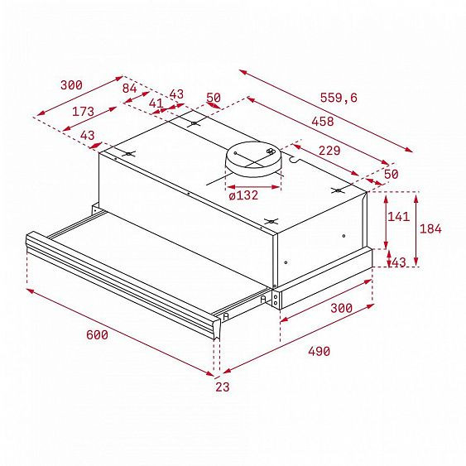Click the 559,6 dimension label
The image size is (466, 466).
pos(339,98)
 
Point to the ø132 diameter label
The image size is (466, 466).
pos(243,195)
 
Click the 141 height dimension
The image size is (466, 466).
pos(398,217)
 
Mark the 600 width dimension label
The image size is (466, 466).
pos(97,335)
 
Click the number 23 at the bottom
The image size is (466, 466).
pos(223,387)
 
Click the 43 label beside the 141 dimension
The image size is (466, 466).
pos(398,262)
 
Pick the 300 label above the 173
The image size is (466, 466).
pos(71,84)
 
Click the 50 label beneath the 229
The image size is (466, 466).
pos(392,174)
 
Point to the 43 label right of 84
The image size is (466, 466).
pos(176,94)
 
